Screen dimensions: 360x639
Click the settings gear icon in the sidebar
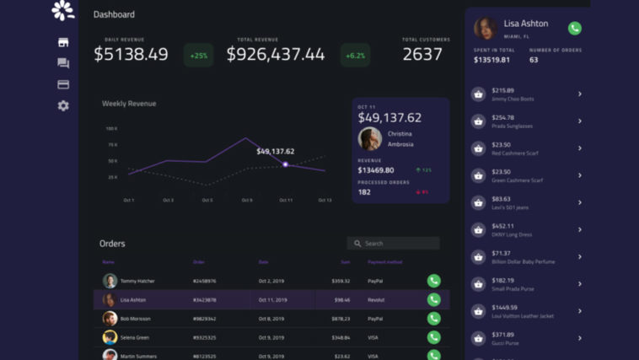(x=63, y=105)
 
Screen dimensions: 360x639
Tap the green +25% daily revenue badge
(x=199, y=56)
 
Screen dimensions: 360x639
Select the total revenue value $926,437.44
(x=276, y=55)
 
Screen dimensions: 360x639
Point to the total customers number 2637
(x=422, y=55)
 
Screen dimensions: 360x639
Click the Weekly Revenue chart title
(x=129, y=104)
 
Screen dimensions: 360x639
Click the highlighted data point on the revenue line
(x=286, y=164)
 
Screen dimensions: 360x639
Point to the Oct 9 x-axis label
(x=247, y=201)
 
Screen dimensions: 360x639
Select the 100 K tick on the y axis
(x=111, y=129)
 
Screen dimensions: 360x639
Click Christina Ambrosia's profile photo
(x=369, y=139)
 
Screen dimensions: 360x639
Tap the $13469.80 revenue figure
(x=376, y=170)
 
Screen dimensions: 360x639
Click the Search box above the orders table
(x=393, y=244)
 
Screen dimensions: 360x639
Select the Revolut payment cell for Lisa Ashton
(x=376, y=299)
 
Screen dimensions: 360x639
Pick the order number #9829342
(x=205, y=319)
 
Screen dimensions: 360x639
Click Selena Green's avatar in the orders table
(x=110, y=337)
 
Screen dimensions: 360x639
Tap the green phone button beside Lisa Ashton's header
(x=575, y=28)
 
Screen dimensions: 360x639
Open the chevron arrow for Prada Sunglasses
(x=580, y=121)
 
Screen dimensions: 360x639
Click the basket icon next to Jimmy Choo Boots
(x=479, y=94)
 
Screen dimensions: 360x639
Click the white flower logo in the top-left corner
(x=63, y=11)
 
